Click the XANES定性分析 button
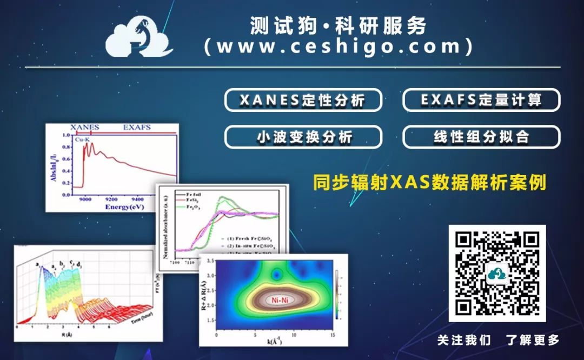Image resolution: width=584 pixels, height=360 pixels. tap(303, 100)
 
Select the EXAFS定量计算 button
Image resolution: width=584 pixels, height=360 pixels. tap(481, 100)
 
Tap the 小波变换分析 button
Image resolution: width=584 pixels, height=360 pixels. tap(303, 137)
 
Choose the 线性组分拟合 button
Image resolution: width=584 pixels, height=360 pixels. tap(481, 137)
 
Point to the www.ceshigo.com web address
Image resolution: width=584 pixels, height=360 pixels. tap(339, 46)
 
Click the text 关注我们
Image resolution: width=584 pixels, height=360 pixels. tap(464, 340)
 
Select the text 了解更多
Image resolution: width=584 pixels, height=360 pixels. tap(532, 340)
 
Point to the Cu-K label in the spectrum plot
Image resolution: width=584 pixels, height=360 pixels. tap(82, 139)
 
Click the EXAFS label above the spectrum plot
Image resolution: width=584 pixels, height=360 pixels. tap(137, 128)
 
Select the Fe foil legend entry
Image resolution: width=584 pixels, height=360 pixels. tap(194, 194)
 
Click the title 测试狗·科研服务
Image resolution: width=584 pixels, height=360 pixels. tap(339, 25)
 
